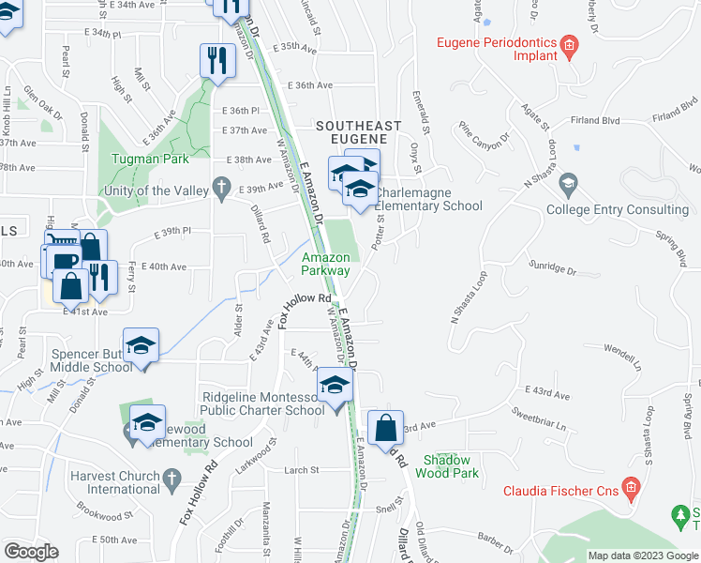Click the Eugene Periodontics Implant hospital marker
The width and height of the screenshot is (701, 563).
tap(567, 45)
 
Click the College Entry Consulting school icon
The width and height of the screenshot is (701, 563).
tap(567, 183)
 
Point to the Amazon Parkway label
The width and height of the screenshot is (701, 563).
tap(325, 264)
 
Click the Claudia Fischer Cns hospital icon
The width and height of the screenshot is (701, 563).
tap(631, 488)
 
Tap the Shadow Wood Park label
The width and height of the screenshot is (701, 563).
tap(451, 466)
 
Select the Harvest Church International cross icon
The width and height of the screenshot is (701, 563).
tap(170, 480)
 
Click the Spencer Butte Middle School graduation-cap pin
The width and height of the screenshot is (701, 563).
tap(142, 347)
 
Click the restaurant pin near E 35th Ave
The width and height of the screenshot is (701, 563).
tap(217, 62)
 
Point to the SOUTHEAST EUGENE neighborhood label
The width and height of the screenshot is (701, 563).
tap(359, 132)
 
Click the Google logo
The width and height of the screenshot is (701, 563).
tap(31, 551)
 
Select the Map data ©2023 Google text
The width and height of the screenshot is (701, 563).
tap(643, 555)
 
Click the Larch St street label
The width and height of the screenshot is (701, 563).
tap(302, 469)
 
